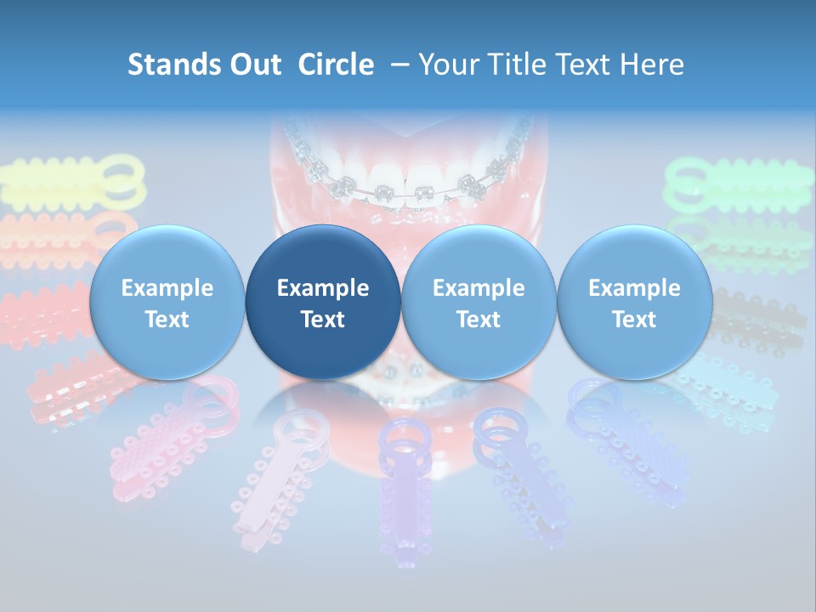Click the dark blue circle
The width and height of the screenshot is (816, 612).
click(323, 302)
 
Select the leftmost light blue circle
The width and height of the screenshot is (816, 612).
click(167, 302)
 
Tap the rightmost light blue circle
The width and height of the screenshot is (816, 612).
click(634, 302)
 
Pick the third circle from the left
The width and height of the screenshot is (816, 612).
click(479, 302)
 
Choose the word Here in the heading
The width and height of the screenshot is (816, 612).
click(653, 65)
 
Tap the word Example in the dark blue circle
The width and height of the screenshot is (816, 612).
click(323, 288)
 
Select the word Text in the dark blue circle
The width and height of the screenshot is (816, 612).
click(323, 320)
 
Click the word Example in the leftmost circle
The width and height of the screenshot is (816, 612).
click(167, 288)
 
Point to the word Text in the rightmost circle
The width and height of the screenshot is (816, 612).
click(634, 320)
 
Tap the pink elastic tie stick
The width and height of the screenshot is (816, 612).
click(166, 438)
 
